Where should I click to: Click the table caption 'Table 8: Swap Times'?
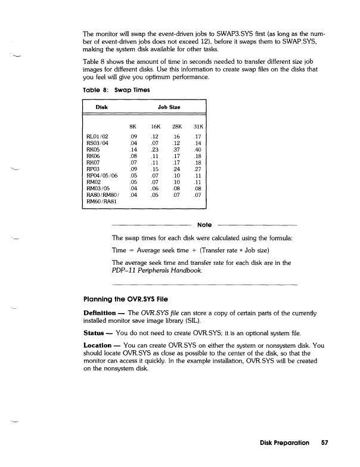(112, 91)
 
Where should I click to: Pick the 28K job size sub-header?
(176, 126)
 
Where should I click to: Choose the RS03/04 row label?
(98, 143)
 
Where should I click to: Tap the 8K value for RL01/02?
(134, 136)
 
